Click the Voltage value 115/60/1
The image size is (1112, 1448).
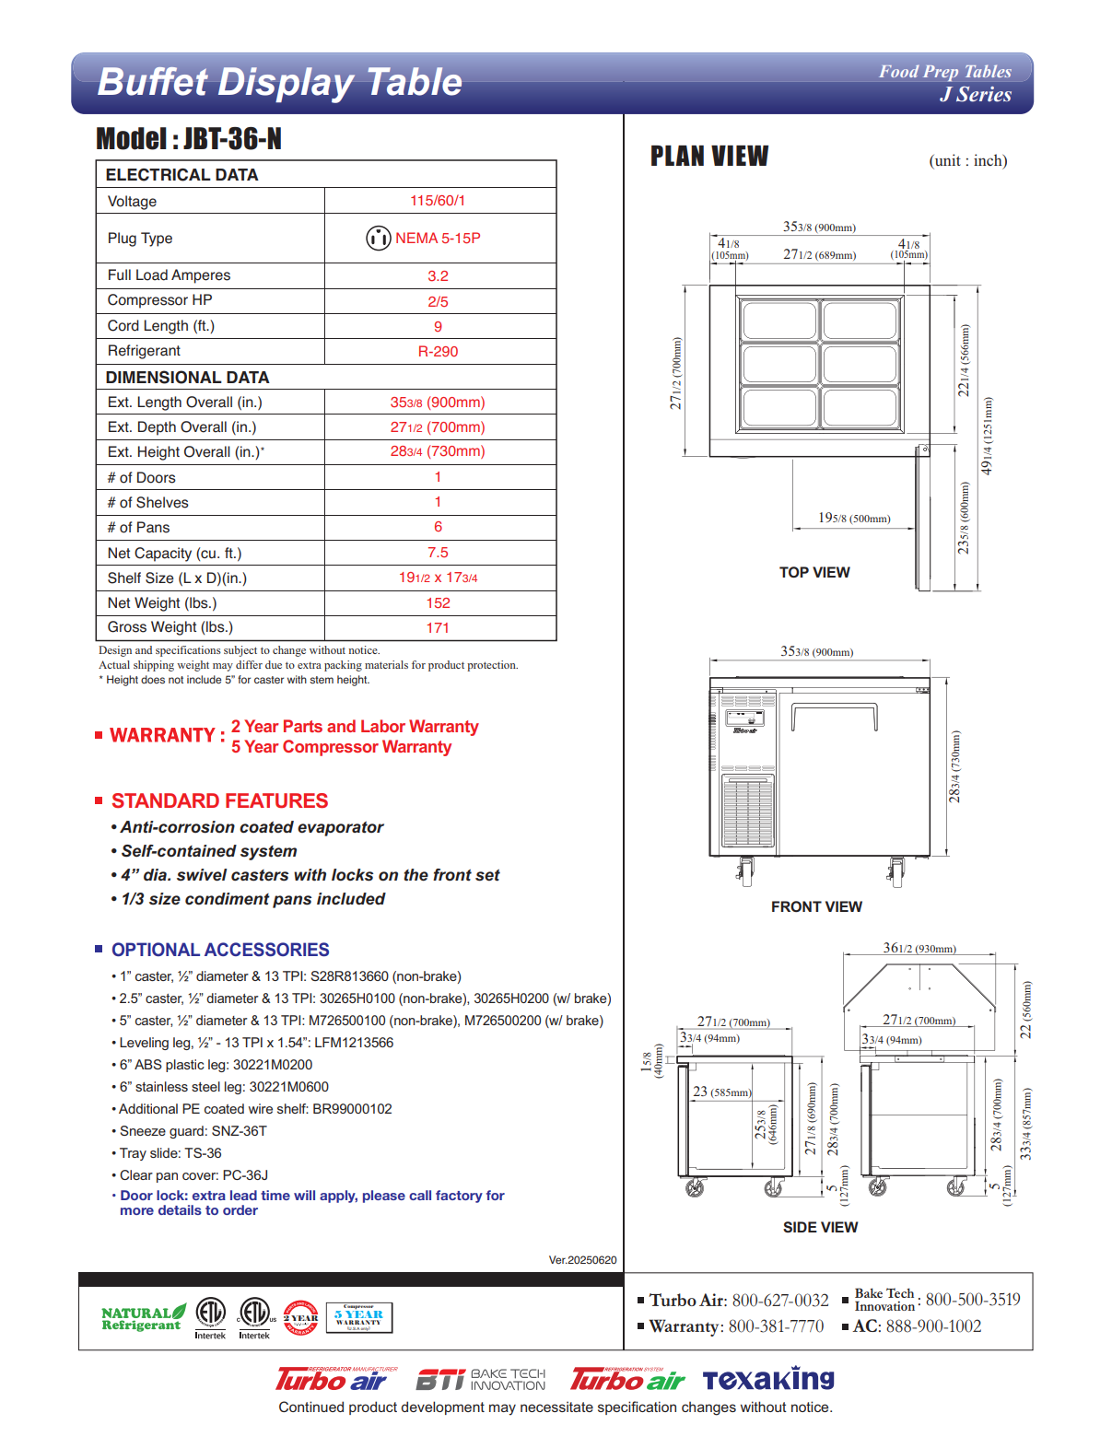tap(438, 201)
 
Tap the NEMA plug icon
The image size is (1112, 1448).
tap(378, 238)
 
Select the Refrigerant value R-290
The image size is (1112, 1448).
tap(438, 351)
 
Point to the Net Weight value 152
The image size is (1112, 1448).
tap(438, 602)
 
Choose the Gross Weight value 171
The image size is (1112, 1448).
tap(438, 627)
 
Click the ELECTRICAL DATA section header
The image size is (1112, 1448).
tap(181, 175)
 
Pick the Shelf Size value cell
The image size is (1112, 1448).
tap(438, 578)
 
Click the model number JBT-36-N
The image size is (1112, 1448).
tap(232, 139)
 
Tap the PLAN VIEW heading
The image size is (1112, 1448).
tap(709, 157)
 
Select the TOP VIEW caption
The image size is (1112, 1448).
tap(814, 572)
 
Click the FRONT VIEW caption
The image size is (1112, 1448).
tap(816, 906)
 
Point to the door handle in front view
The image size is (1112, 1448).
tap(835, 710)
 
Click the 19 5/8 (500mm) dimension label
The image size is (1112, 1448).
tap(854, 519)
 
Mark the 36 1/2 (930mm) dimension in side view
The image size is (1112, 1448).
tap(919, 948)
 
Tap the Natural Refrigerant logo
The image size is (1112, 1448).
tap(143, 1318)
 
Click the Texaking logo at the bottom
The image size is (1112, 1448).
tap(768, 1379)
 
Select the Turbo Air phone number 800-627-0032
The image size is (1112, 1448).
tap(780, 1300)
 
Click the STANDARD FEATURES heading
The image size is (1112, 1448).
tap(219, 801)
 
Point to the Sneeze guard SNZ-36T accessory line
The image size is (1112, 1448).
tap(193, 1131)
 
